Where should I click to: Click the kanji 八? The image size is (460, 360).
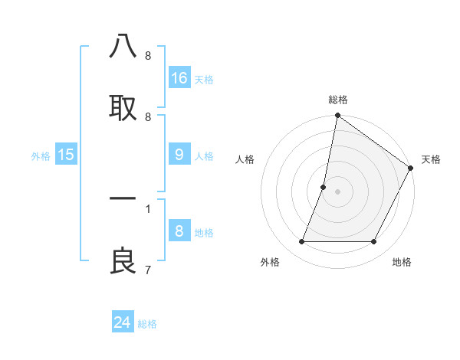point(123,47)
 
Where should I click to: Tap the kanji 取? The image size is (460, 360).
point(123,108)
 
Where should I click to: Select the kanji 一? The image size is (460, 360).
point(123,198)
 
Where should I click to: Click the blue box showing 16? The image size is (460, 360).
point(179,77)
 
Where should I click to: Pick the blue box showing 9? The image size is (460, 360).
point(179,155)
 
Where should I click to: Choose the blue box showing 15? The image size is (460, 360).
point(66,155)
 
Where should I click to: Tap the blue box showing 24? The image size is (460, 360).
point(123,322)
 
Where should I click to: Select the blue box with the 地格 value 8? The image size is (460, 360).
point(179,231)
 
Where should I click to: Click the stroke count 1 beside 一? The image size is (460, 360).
point(147,208)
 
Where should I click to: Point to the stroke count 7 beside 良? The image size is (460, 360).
point(147,269)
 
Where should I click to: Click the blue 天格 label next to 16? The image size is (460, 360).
point(204,79)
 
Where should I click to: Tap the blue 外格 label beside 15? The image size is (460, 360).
point(41,155)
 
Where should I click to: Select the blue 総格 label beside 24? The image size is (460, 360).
point(147,324)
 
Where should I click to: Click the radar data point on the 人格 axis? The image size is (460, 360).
point(324,187)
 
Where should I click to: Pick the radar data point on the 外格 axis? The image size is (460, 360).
point(301,242)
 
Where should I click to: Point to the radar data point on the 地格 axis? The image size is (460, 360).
point(374,242)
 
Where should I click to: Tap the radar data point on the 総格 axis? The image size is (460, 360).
point(337,116)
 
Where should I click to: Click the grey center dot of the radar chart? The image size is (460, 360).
point(337,191)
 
